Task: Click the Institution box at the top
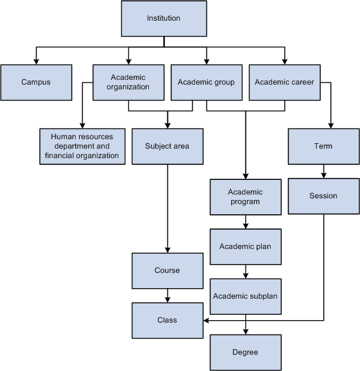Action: (x=163, y=18)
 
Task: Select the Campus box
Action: (x=36, y=82)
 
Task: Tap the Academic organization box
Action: (x=128, y=82)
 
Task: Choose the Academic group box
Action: (x=206, y=82)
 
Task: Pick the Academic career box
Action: (x=284, y=82)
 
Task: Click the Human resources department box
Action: (x=82, y=146)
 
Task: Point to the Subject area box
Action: (x=167, y=146)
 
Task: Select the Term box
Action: (x=323, y=146)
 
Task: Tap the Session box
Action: (x=323, y=196)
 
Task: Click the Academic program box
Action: (x=245, y=196)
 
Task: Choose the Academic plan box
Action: (x=245, y=246)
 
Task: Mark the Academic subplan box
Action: (x=245, y=296)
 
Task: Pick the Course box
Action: (x=167, y=270)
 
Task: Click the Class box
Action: (x=167, y=320)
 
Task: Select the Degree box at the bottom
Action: (x=245, y=352)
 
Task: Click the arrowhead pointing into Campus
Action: (x=36, y=61)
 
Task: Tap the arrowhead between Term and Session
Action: (x=323, y=175)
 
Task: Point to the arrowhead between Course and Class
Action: (x=167, y=299)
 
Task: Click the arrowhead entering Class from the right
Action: (x=206, y=320)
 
